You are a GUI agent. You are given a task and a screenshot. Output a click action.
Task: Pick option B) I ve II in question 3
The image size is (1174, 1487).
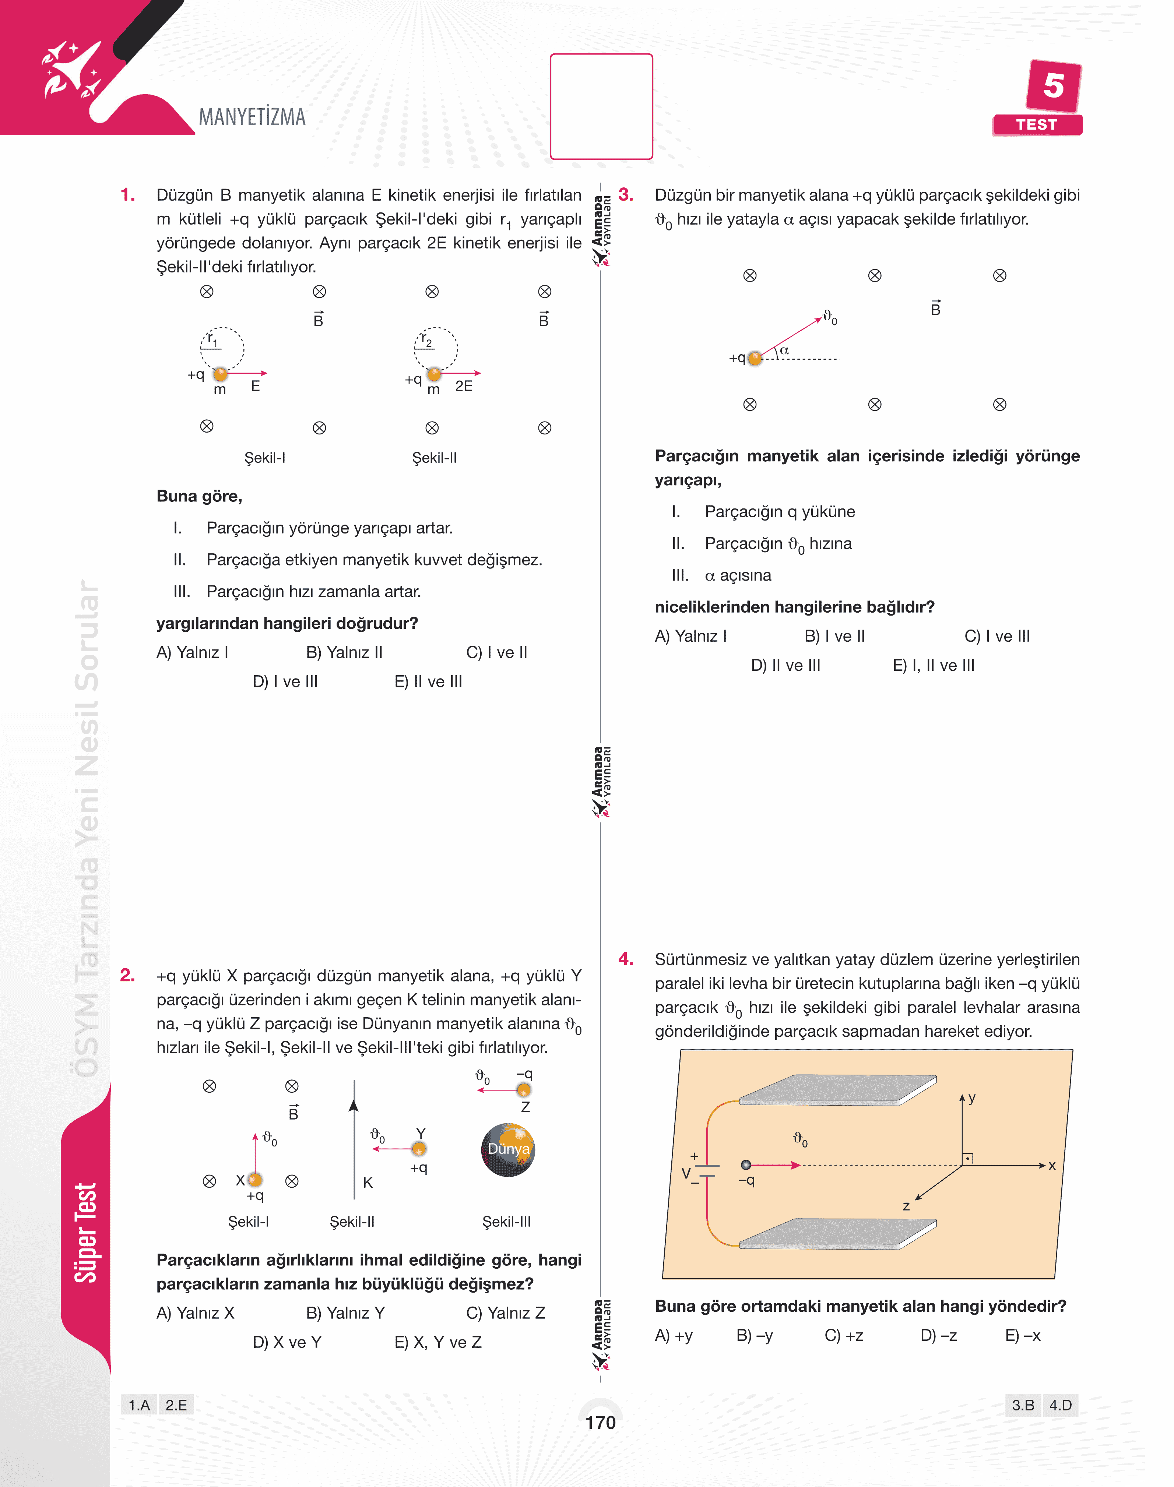pyautogui.click(x=834, y=636)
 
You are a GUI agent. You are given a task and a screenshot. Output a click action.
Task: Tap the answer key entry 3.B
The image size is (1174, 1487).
pyautogui.click(x=1023, y=1405)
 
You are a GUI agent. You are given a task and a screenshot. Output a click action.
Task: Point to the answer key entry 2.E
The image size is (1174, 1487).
pyautogui.click(x=176, y=1405)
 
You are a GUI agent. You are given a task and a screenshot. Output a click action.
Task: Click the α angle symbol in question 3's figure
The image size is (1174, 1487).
pyautogui.click(x=784, y=350)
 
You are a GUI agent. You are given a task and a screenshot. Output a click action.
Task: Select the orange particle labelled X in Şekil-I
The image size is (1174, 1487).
pyautogui.click(x=255, y=1180)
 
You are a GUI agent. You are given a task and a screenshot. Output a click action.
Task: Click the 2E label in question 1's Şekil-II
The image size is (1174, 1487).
pyautogui.click(x=464, y=386)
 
